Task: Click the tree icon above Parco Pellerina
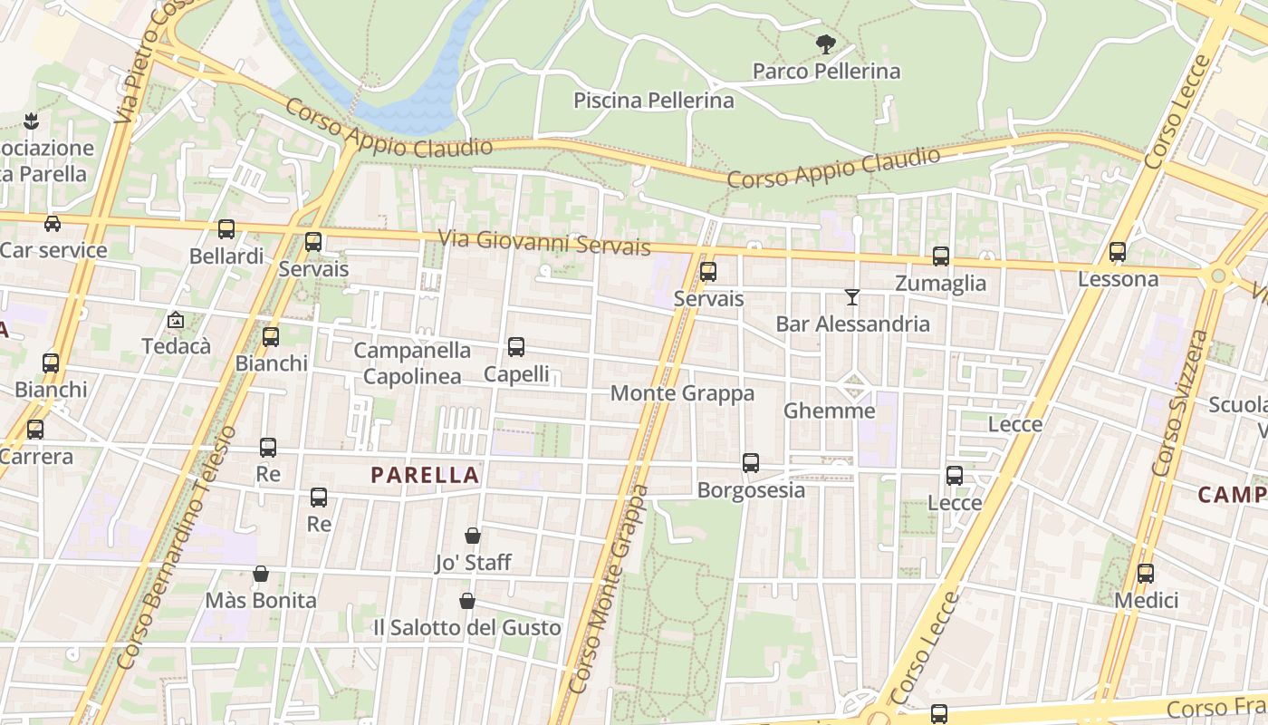(825, 43)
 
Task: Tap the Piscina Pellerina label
(653, 100)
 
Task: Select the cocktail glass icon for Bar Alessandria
(851, 296)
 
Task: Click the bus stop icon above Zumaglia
(941, 256)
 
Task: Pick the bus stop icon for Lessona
(1118, 252)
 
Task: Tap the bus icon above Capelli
(516, 346)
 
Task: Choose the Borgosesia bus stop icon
(751, 463)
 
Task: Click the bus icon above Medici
(1146, 573)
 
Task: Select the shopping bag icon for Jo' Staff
(473, 536)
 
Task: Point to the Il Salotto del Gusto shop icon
(467, 601)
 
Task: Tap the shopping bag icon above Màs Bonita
(261, 574)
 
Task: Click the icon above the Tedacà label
(176, 320)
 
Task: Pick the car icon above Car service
(53, 224)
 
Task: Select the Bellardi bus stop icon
(226, 229)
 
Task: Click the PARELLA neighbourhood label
(425, 475)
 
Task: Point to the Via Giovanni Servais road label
(544, 242)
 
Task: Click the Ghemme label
(829, 411)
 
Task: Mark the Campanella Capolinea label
(412, 362)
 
